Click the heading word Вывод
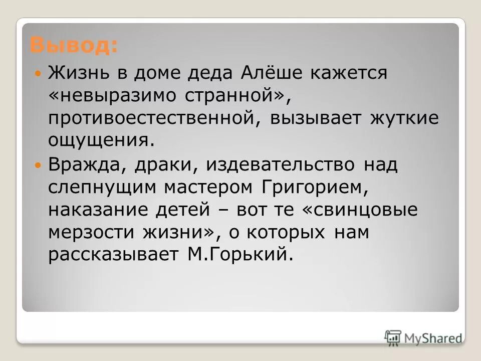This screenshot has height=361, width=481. click(74, 46)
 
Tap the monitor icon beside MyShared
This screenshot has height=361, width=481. click(394, 337)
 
